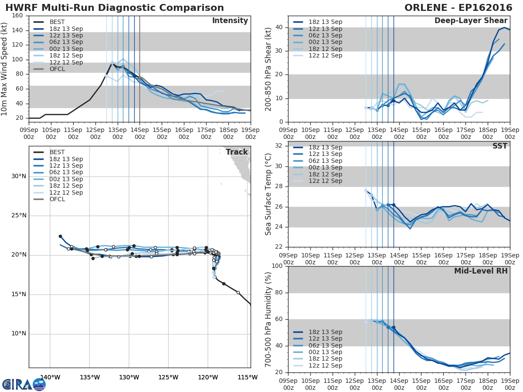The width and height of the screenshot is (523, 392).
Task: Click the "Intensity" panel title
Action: click(230, 21)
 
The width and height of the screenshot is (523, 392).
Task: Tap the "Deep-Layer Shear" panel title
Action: click(471, 21)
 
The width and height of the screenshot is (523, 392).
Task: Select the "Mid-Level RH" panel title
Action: click(481, 271)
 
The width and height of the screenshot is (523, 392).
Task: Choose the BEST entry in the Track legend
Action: click(57, 152)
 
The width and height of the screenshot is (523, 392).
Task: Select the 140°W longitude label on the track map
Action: click(50, 377)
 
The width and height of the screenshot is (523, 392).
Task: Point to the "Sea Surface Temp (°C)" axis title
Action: click(268, 194)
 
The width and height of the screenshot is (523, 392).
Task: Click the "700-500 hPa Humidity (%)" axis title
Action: click(268, 319)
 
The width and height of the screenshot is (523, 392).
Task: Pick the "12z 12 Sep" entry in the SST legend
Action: click(325, 181)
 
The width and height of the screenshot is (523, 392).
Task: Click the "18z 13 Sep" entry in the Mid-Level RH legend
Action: click(325, 332)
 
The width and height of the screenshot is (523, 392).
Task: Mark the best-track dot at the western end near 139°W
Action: click(60, 236)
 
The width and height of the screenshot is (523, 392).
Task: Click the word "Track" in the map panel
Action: click(236, 152)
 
